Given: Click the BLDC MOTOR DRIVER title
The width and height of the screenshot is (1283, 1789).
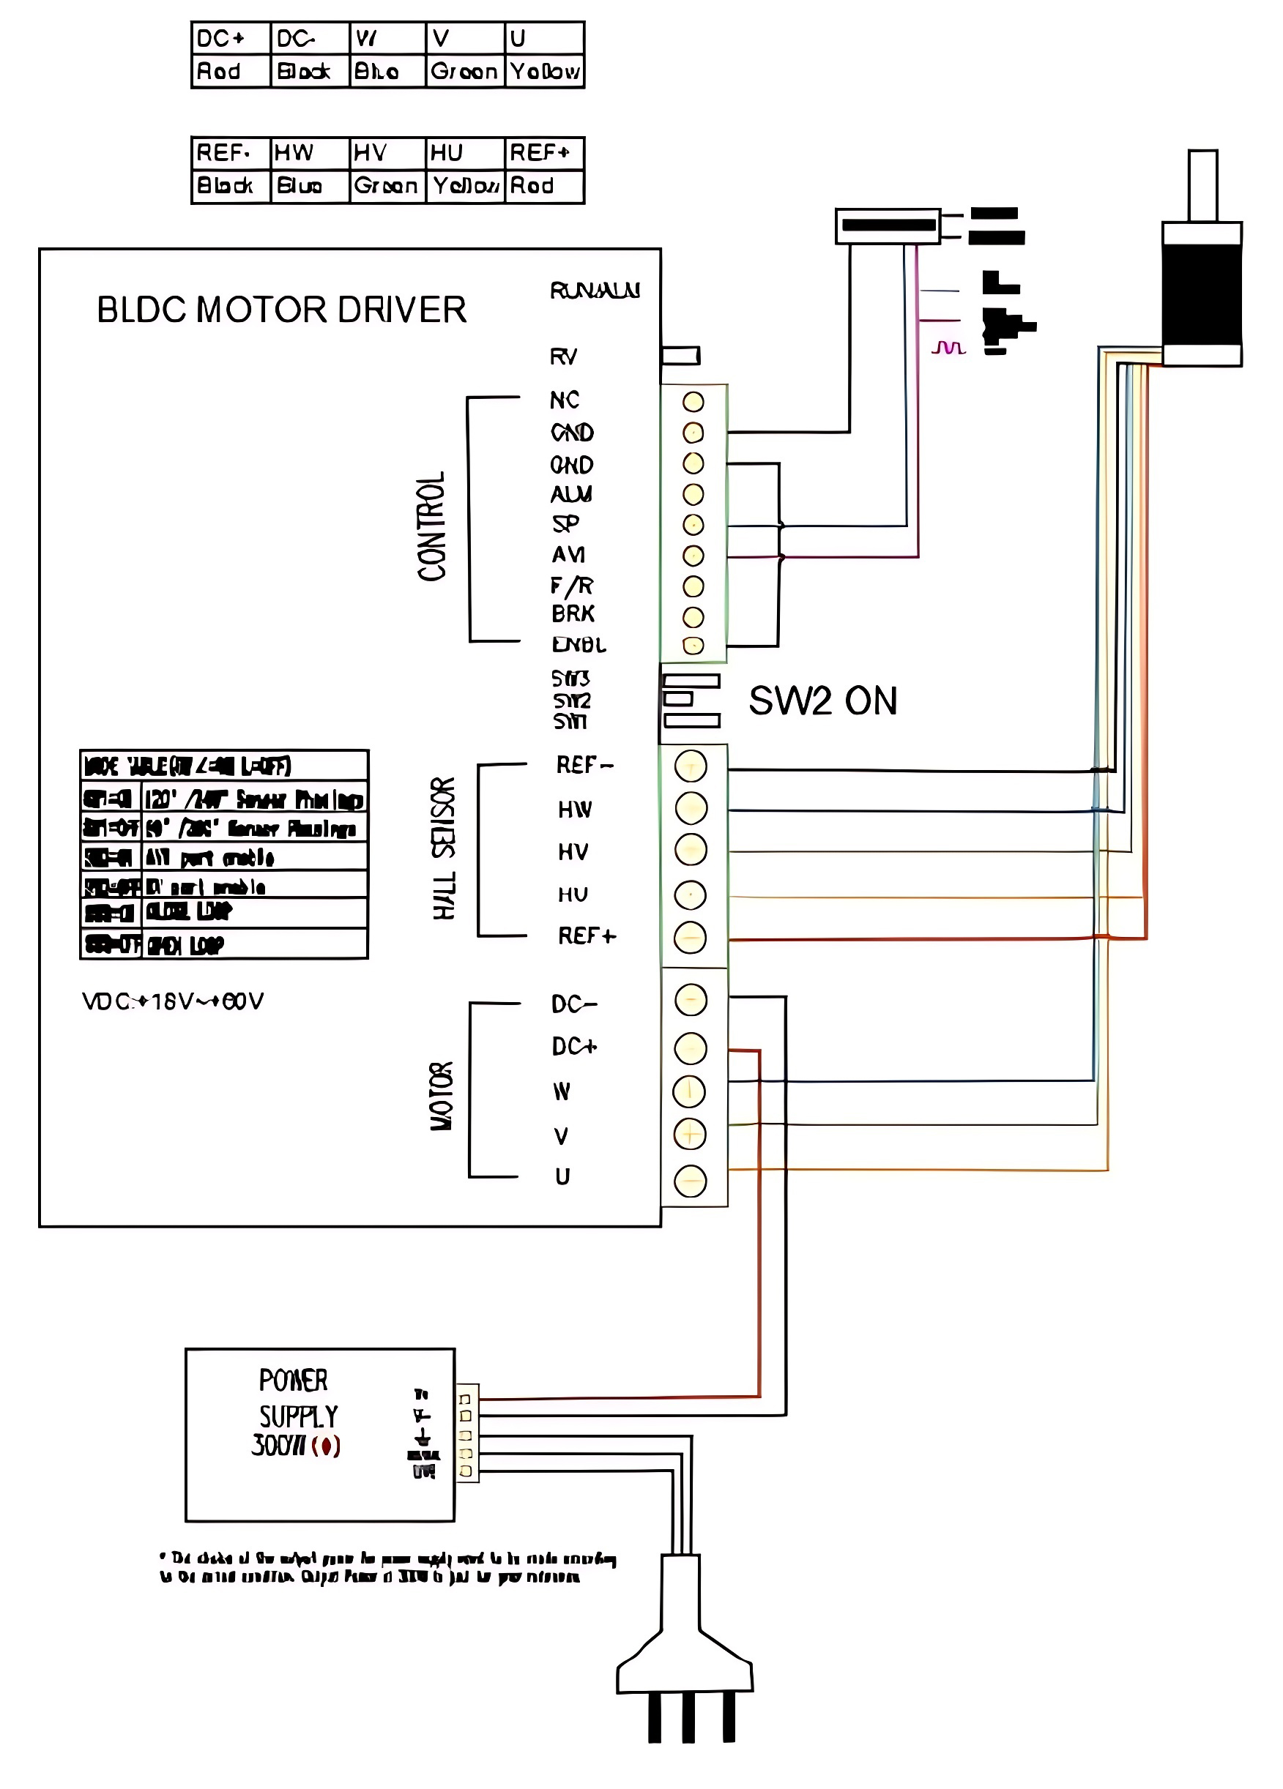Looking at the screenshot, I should [x=281, y=310].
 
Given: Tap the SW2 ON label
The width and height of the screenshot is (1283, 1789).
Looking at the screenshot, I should [x=822, y=701].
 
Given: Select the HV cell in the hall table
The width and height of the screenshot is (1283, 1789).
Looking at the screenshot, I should [x=387, y=153].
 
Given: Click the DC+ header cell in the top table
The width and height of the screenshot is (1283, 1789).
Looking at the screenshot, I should [x=231, y=39].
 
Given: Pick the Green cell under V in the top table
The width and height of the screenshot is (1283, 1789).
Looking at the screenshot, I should [x=465, y=72].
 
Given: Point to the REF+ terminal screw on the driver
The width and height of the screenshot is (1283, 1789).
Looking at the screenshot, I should [x=691, y=937].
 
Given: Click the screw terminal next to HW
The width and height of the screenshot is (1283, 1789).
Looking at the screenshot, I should [x=691, y=807].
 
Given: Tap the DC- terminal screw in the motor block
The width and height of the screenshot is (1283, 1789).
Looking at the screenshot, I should [x=691, y=1000].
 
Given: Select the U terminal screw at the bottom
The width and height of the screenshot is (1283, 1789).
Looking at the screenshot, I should [x=691, y=1181].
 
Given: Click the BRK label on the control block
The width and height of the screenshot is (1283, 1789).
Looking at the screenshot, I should [x=573, y=613].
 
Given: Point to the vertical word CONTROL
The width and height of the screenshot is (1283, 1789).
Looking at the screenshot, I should [x=431, y=526].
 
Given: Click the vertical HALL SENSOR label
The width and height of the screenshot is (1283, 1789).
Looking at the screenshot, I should [x=444, y=848].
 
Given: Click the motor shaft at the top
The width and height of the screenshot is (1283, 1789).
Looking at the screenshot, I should [x=1202, y=184].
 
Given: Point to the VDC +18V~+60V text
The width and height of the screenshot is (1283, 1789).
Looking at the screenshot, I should [x=173, y=1001].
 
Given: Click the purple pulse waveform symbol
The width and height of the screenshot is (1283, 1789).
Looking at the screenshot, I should [x=948, y=347].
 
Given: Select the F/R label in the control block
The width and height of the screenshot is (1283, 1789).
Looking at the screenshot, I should [x=572, y=586].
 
